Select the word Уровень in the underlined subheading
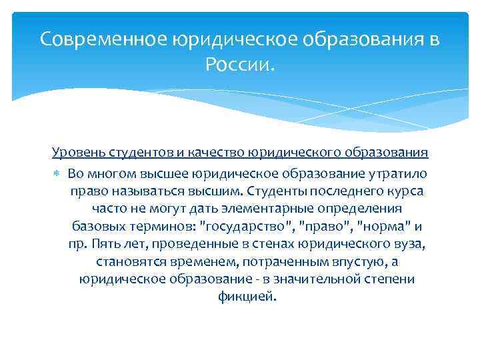pyautogui.click(x=73, y=153)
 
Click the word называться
pyautogui.click(x=138, y=191)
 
